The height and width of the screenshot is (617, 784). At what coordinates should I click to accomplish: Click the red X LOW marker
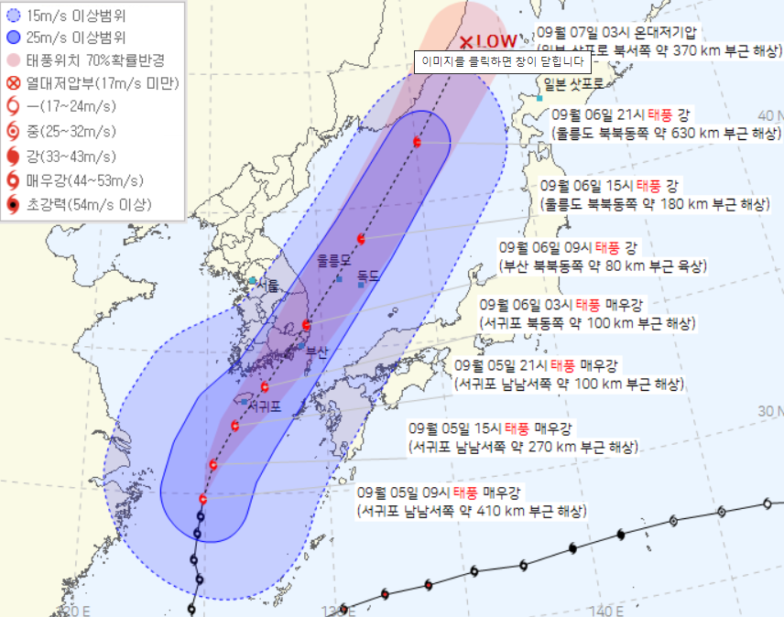tap(488, 42)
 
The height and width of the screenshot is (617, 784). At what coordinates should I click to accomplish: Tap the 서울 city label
tap(268, 286)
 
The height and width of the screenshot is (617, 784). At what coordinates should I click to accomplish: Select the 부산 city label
tap(317, 351)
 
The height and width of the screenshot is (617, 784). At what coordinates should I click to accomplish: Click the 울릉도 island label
tap(333, 260)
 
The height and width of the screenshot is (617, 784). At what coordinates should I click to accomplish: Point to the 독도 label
tap(368, 274)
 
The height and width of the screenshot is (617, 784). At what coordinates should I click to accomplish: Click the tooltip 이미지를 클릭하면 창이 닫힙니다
tap(502, 61)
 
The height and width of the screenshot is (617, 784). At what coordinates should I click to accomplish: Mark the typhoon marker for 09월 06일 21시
tap(418, 142)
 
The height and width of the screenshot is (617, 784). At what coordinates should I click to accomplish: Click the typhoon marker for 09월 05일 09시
tap(203, 499)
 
